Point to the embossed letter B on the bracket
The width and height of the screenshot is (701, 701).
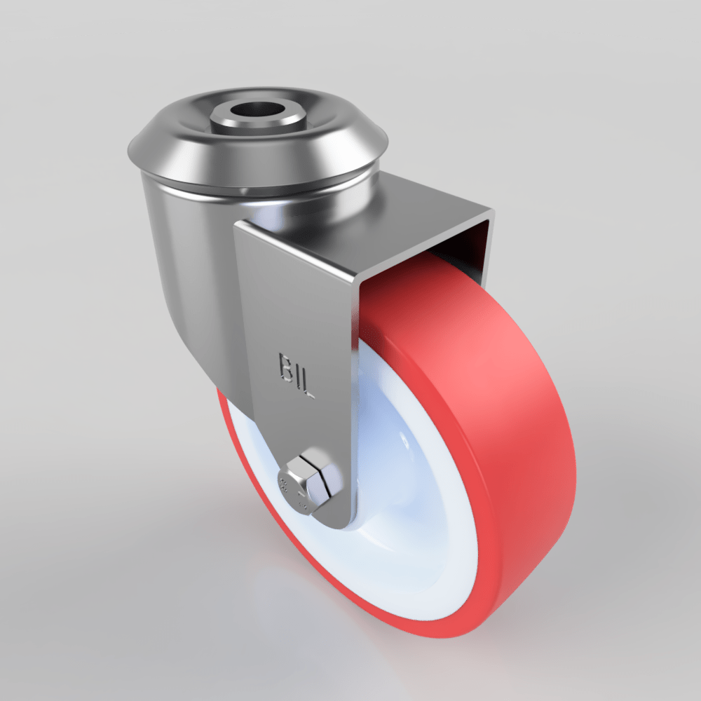(285, 367)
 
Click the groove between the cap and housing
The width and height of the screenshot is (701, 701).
(259, 191)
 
